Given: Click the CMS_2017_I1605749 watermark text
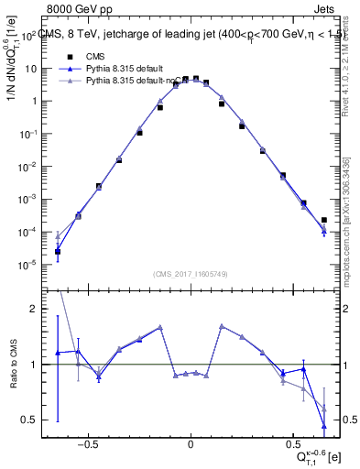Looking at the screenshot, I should pyautogui.click(x=191, y=274).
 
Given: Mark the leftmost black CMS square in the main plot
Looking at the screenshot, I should pyautogui.click(x=57, y=251).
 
